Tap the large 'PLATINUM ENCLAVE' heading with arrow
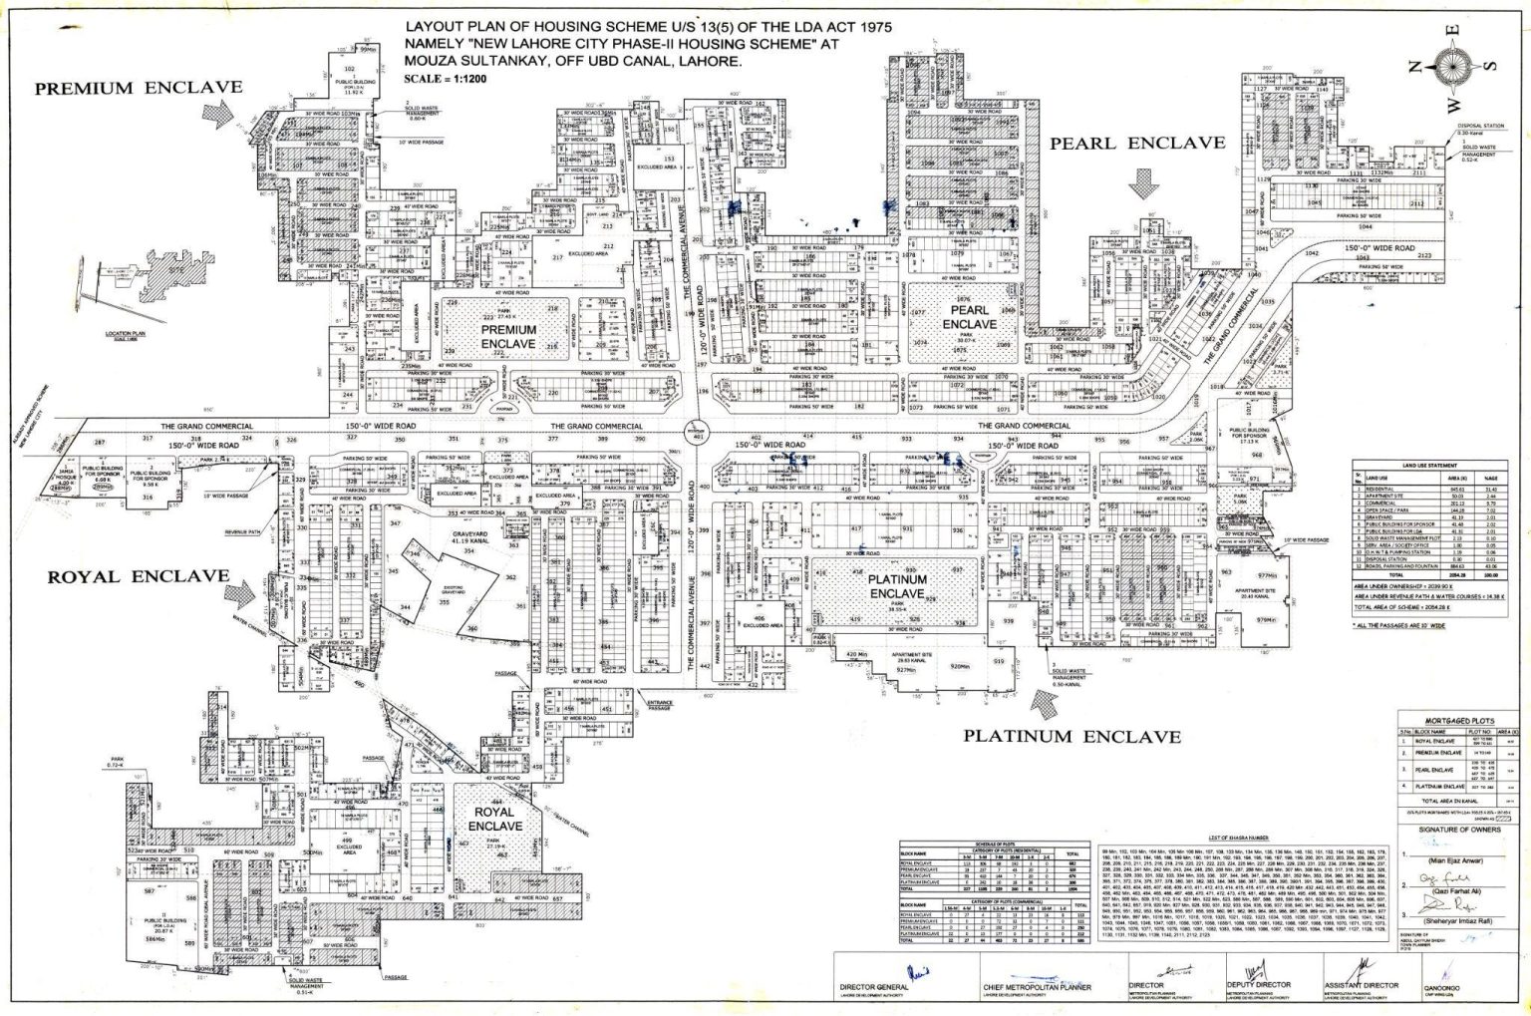tap(1072, 737)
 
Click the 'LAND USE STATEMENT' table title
tap(1427, 464)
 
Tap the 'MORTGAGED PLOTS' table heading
tap(1459, 717)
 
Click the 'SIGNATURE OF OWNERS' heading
tap(1459, 829)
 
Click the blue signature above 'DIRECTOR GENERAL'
tap(916, 974)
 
